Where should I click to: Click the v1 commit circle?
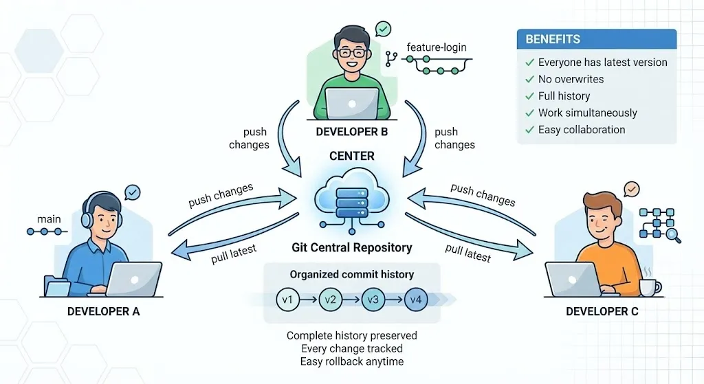287,300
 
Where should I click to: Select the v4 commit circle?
416,300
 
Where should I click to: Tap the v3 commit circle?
373,300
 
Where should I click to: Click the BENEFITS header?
553,39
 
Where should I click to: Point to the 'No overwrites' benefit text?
571,79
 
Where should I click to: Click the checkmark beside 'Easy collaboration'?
529,130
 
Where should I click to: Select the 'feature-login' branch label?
436,47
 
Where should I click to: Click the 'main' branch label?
49,220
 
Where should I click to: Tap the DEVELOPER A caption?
103,312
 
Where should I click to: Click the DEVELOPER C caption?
602,312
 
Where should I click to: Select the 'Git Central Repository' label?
352,248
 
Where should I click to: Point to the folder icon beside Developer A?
53,285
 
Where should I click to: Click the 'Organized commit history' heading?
352,274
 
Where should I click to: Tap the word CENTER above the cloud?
352,156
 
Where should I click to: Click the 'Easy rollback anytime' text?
352,361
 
